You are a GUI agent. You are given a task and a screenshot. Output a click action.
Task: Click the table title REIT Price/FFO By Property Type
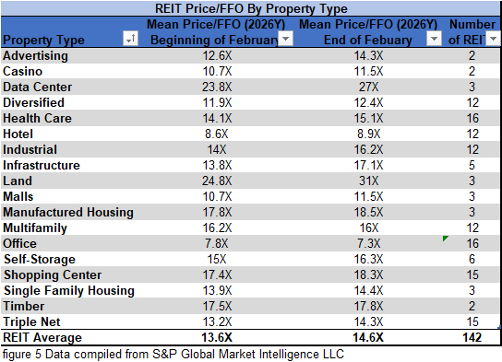[250, 8]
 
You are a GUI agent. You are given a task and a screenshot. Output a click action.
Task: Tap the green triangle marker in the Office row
[446, 239]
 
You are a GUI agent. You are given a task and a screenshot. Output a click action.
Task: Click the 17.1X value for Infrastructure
[366, 166]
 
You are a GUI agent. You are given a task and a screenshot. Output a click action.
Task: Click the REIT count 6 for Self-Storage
[472, 260]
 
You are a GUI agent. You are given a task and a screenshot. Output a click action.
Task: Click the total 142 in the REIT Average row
[472, 338]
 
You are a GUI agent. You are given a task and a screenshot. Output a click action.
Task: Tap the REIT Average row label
[42, 338]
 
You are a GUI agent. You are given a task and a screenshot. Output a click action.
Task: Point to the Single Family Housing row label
[69, 291]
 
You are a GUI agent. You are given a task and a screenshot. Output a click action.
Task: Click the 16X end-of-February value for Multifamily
[366, 228]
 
